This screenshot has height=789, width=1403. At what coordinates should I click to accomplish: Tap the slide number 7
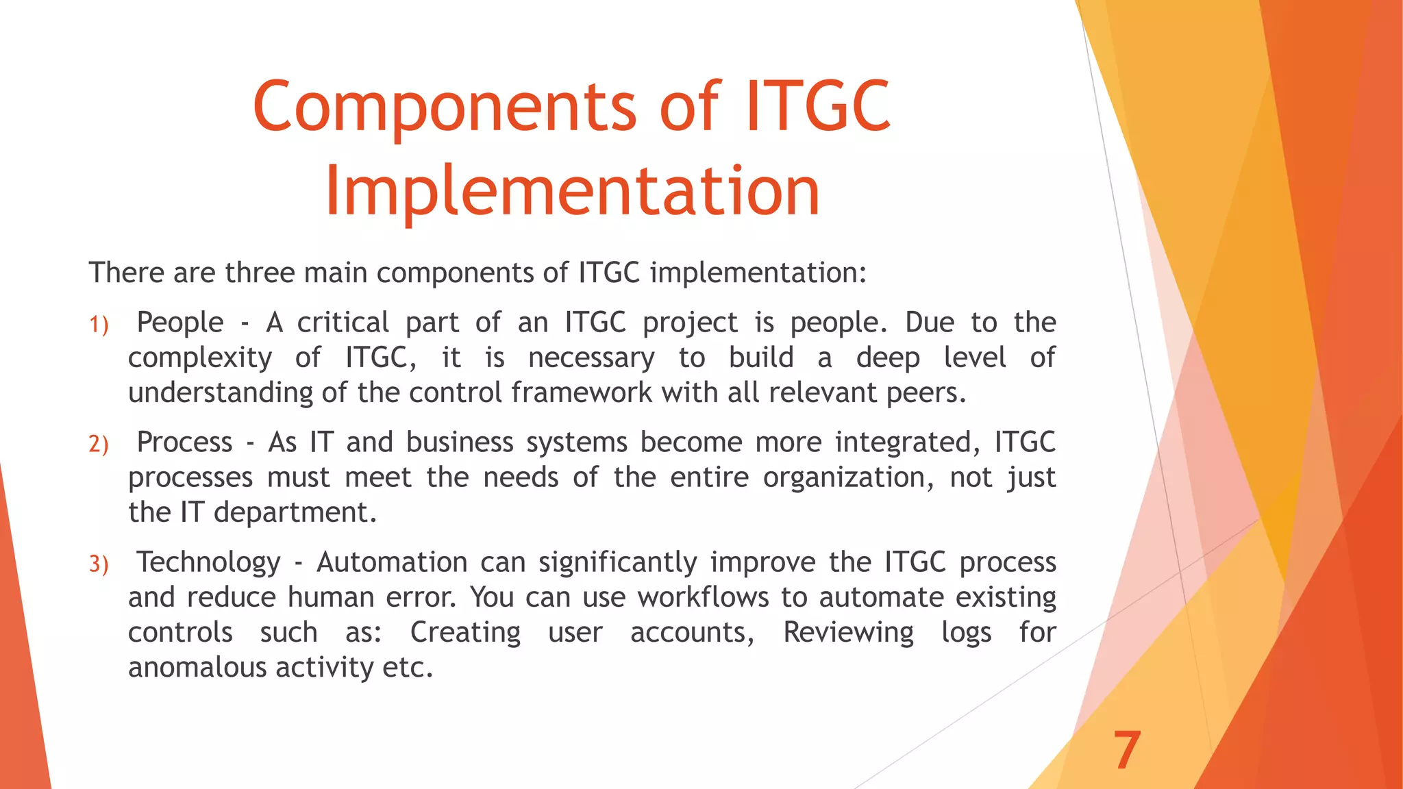click(1126, 751)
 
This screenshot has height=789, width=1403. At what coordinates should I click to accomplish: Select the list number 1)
click(99, 325)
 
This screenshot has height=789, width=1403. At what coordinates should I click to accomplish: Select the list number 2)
click(99, 444)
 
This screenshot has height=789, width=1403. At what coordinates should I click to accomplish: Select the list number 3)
click(99, 564)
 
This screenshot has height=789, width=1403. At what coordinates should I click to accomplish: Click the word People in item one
click(180, 323)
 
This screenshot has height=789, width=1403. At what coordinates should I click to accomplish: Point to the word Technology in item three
click(208, 562)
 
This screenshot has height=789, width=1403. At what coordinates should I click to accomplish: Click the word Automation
click(392, 562)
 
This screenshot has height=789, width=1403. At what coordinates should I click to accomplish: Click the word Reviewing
click(848, 632)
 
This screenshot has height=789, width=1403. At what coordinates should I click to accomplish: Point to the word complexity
click(199, 358)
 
